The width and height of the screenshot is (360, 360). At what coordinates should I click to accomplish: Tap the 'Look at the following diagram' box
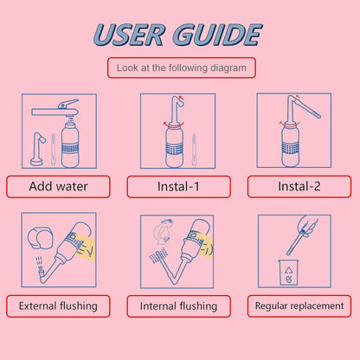click(x=180, y=67)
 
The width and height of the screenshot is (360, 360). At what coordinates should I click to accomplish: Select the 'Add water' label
click(x=58, y=186)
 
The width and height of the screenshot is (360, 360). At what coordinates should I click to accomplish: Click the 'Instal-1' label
click(x=179, y=186)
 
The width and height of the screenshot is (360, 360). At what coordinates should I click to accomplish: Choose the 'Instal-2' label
click(x=299, y=186)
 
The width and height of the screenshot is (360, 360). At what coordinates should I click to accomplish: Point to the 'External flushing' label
click(x=58, y=305)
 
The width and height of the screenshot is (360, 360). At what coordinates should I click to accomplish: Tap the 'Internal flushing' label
click(x=179, y=305)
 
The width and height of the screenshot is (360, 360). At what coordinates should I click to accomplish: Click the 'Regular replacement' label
click(x=299, y=305)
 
